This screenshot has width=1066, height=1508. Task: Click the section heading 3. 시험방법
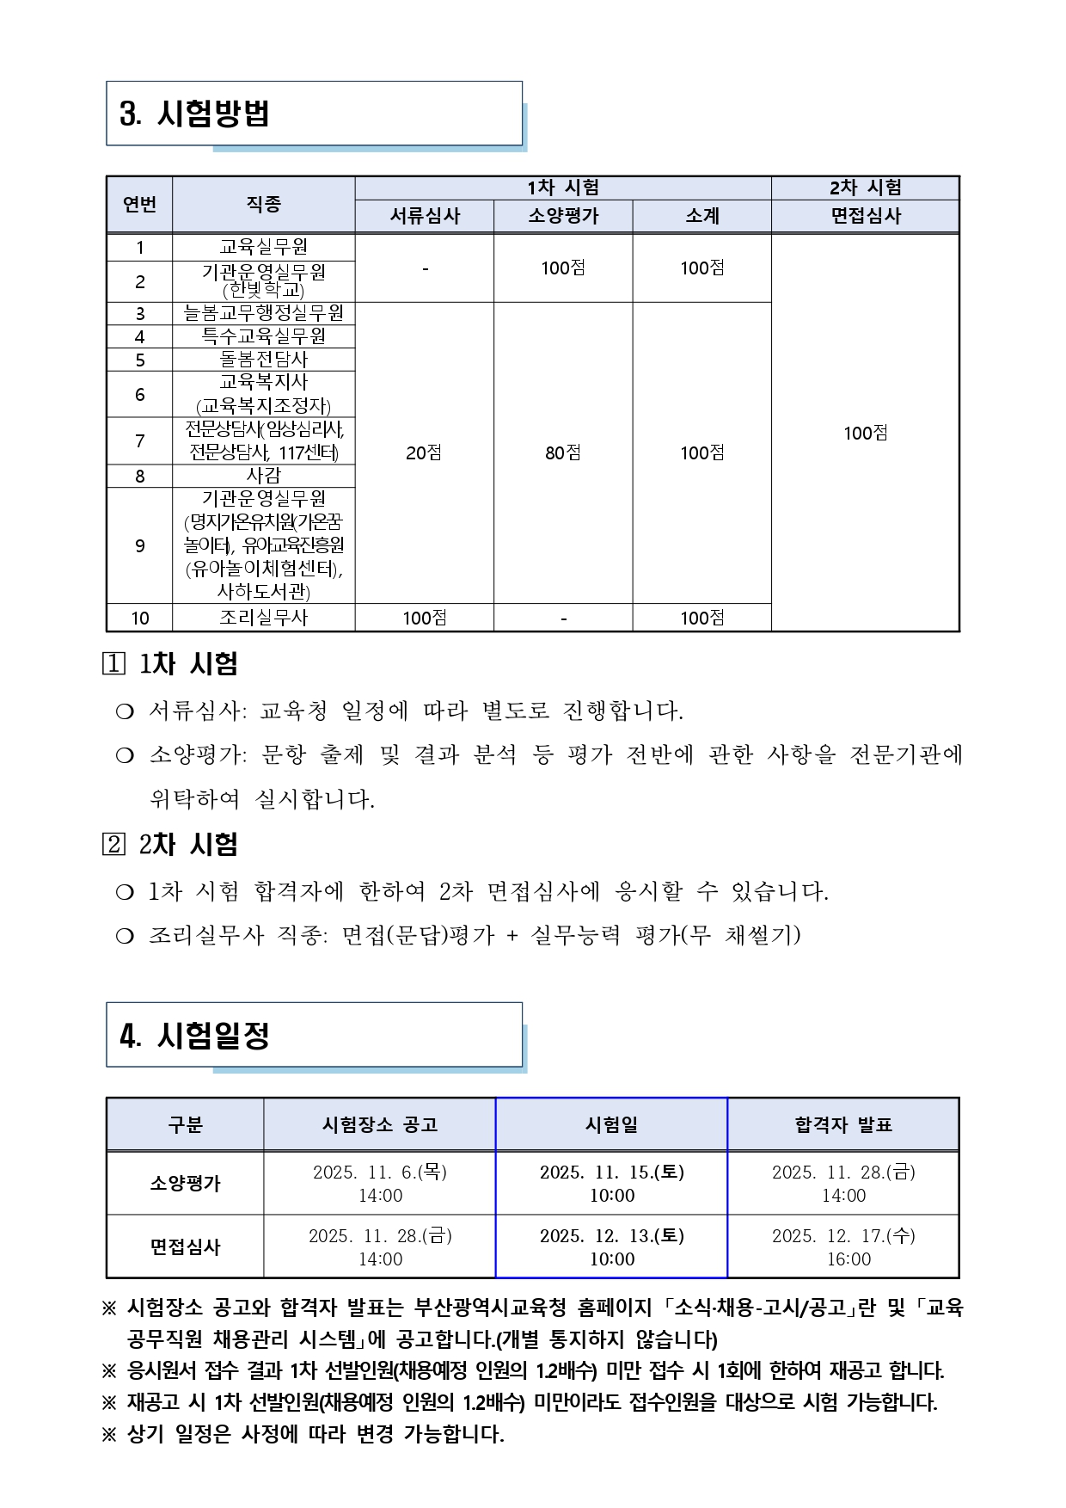[x=195, y=114]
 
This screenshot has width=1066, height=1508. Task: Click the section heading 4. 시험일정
[x=195, y=1035]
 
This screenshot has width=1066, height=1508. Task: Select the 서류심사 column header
[x=425, y=216]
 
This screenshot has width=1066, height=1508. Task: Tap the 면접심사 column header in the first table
[x=866, y=216]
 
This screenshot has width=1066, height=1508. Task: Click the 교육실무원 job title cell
[x=264, y=248]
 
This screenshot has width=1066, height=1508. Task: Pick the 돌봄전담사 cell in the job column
[x=264, y=360]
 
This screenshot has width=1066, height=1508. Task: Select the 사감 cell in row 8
[x=264, y=476]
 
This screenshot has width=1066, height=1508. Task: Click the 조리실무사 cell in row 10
[x=264, y=618]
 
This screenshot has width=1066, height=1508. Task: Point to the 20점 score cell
[x=424, y=452]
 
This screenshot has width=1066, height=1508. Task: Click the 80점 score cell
[x=563, y=452]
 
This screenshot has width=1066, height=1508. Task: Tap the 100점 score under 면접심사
[x=866, y=433]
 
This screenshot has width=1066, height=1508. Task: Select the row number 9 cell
[x=140, y=546]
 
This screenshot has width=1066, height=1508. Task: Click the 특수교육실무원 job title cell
[x=264, y=336]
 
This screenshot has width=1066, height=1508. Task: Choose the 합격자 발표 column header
[x=843, y=1124]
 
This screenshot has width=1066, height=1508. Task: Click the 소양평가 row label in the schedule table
[x=185, y=1183]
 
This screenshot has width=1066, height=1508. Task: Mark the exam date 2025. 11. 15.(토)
[x=612, y=1173]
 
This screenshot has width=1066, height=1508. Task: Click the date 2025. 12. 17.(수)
[x=843, y=1236]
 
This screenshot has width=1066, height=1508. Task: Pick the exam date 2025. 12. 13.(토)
[x=612, y=1236]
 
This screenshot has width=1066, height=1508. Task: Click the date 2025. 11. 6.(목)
[x=380, y=1173]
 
